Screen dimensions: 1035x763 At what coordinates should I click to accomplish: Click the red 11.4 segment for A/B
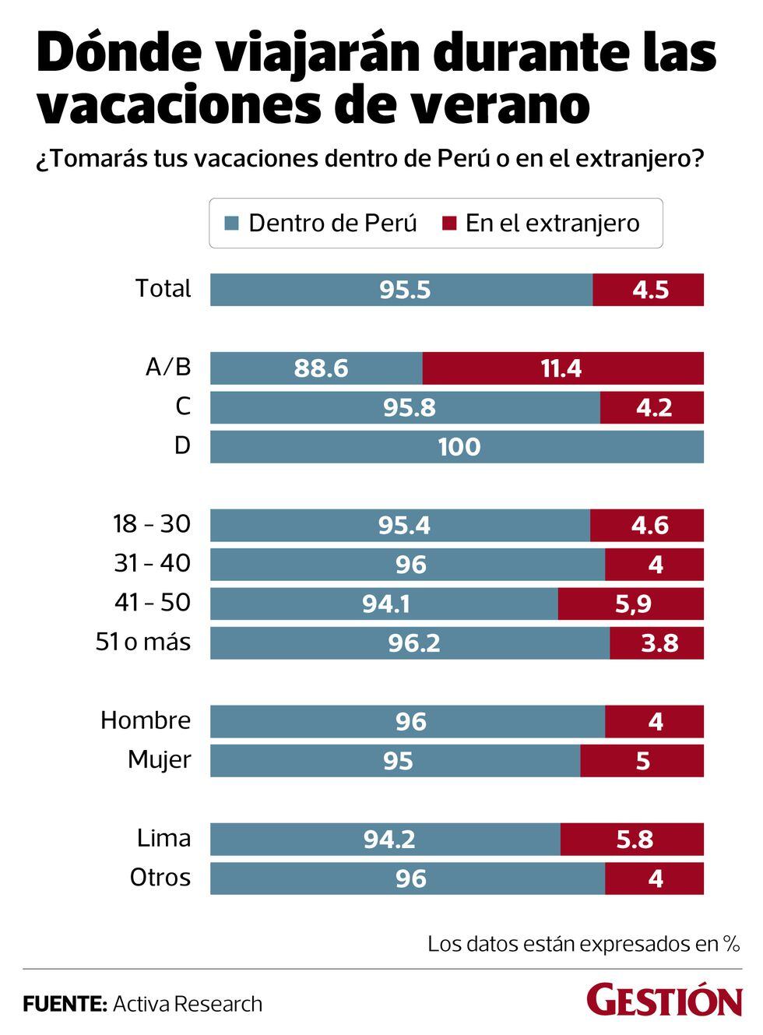(563, 368)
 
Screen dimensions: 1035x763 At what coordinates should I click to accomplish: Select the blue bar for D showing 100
(457, 447)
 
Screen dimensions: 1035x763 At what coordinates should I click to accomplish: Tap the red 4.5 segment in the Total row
(648, 290)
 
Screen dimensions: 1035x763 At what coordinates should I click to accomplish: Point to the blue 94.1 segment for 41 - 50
(384, 604)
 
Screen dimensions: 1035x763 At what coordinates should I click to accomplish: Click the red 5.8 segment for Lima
(632, 839)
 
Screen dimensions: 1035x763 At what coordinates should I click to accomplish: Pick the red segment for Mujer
(642, 761)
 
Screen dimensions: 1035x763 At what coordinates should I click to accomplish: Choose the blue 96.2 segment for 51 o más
(410, 643)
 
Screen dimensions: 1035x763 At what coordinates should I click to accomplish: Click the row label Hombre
(146, 720)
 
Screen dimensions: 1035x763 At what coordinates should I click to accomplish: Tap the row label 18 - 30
(152, 524)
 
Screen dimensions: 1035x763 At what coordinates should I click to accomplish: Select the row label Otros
(160, 877)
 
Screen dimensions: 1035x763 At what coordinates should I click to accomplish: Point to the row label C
(182, 407)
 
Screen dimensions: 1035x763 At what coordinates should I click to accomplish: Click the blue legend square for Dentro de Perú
(231, 224)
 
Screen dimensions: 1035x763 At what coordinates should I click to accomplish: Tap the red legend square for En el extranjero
(448, 224)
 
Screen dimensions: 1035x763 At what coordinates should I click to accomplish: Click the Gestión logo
(664, 1001)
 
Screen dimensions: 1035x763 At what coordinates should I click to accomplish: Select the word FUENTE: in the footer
(65, 1004)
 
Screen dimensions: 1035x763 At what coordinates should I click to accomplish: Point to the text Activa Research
(188, 1004)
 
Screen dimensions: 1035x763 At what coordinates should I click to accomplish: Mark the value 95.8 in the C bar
(409, 407)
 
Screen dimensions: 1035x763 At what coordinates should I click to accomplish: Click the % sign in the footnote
(730, 944)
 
